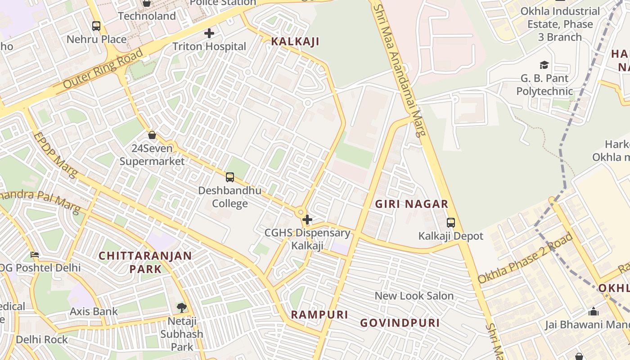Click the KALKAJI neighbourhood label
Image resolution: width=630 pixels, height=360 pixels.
pos(295,42)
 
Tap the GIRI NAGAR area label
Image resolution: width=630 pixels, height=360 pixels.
pos(412,204)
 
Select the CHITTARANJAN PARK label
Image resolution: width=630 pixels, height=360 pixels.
pos(145,262)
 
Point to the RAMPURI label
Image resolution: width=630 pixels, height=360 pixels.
pos(319,315)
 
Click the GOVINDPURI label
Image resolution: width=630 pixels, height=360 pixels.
pos(400,323)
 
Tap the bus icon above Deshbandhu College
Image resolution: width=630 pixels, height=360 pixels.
pos(230,177)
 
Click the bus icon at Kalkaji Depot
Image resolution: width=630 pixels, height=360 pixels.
pos(450,222)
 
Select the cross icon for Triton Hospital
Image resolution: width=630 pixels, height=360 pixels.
pos(209,33)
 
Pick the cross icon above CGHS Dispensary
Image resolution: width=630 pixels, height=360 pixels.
pos(307,220)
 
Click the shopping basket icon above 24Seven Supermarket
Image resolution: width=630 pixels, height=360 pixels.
pos(152,135)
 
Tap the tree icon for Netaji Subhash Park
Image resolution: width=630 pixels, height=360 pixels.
pos(181,308)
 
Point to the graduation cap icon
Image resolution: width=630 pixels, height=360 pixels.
pos(544,65)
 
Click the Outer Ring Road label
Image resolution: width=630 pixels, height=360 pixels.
pos(103,68)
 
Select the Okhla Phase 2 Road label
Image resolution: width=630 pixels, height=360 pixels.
pos(525,258)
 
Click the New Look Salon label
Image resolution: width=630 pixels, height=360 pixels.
pos(414,296)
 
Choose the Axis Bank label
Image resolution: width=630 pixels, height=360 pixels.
pos(94,311)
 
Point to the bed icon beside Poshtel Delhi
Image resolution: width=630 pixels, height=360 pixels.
pos(35,255)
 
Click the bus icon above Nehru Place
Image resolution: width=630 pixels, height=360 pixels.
pos(96,26)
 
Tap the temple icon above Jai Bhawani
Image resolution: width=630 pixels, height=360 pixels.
pos(594,311)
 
